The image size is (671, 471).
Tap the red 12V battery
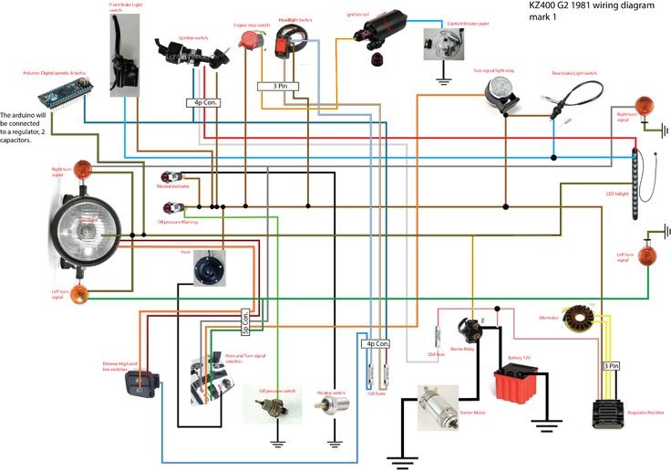tap(517, 384)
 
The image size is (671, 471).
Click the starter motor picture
tap(441, 407)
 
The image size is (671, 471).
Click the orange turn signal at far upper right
tap(645, 103)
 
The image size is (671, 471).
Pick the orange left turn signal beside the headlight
tap(79, 294)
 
